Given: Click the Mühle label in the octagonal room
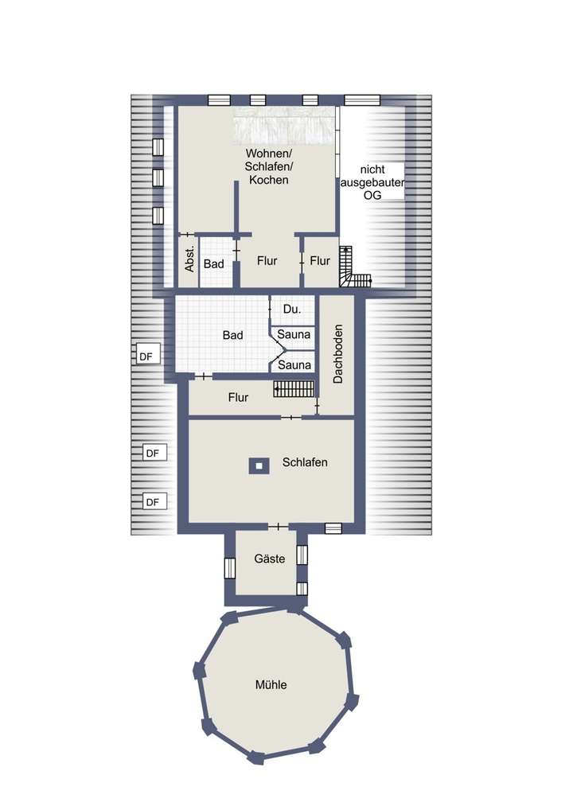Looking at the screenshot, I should (271, 684).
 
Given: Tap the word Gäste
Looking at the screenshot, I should (269, 559).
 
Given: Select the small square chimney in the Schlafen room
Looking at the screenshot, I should (257, 465).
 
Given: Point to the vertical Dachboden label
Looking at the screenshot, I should (337, 354).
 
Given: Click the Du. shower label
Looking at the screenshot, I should (291, 307).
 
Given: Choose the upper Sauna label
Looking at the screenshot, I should (294, 335).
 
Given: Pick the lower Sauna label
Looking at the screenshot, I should (294, 364).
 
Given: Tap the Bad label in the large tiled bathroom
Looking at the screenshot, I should (232, 336).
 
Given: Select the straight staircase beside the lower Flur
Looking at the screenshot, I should (290, 389).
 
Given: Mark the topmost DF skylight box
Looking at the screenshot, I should (146, 357).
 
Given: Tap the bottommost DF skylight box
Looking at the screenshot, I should (153, 501).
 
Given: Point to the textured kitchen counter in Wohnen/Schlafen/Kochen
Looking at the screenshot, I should (283, 126).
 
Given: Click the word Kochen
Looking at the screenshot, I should (268, 181).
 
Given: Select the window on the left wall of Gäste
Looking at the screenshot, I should (230, 568).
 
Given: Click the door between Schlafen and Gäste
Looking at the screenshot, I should (278, 527).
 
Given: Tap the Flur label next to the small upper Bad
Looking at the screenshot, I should (267, 261).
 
